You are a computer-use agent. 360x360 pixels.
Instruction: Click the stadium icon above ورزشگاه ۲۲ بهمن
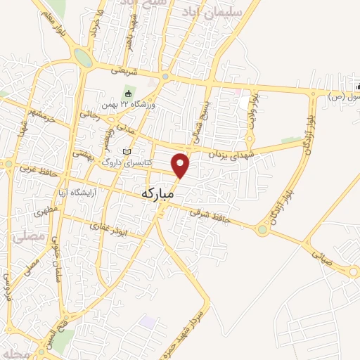[128, 94]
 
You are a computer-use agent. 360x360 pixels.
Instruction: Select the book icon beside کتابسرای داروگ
[127, 152]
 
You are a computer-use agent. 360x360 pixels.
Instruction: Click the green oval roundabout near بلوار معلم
[83, 58]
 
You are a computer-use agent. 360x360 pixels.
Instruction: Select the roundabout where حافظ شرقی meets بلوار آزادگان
[264, 228]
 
